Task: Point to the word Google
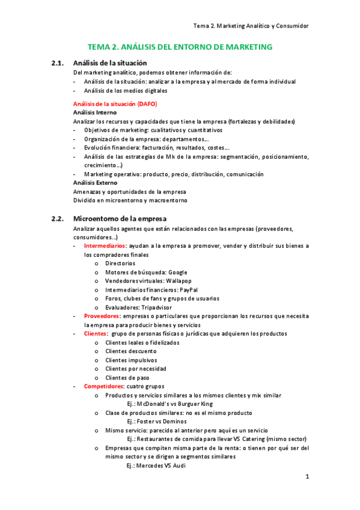point(178,272)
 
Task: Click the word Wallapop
point(178,281)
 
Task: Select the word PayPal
point(190,289)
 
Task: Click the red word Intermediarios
point(105,245)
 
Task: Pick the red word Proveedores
point(102,316)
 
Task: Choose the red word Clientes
point(96,334)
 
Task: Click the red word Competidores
point(104,386)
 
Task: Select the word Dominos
point(179,422)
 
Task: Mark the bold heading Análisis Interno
point(94,112)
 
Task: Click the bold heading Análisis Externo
point(95,182)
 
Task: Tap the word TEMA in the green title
point(100,46)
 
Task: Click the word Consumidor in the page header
point(291,26)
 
